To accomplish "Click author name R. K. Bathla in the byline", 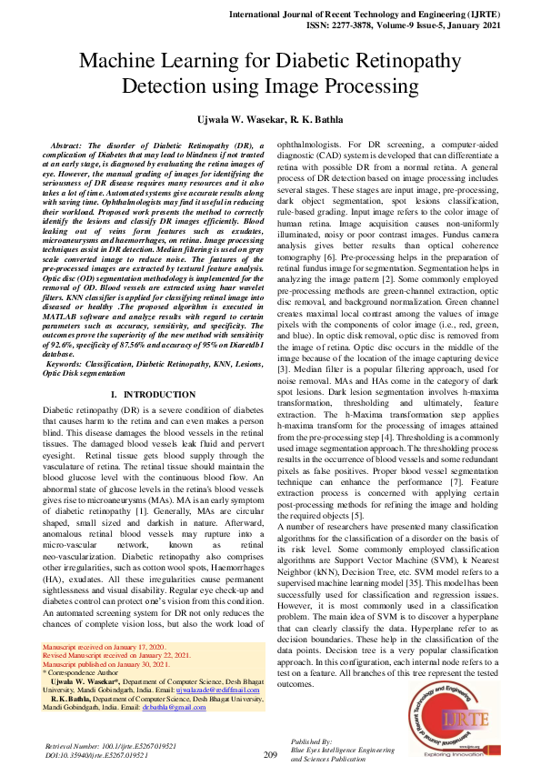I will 313,120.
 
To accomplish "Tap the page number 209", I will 270,755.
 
